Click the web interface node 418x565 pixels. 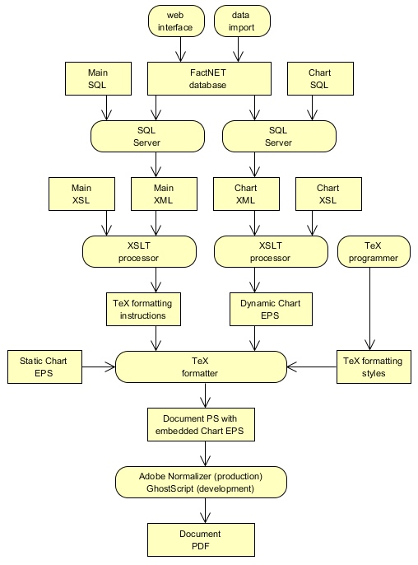click(176, 21)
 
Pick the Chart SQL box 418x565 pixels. click(319, 79)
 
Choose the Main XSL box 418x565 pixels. click(81, 194)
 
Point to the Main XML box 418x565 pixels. click(164, 194)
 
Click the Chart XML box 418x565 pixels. click(246, 194)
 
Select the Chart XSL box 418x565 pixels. click(327, 194)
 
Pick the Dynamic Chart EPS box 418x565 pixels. click(271, 310)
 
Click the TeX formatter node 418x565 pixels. click(201, 367)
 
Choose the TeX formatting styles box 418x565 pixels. click(373, 367)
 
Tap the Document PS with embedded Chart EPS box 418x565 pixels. click(201, 425)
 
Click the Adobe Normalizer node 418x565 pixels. click(201, 483)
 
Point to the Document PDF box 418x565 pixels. click(201, 540)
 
